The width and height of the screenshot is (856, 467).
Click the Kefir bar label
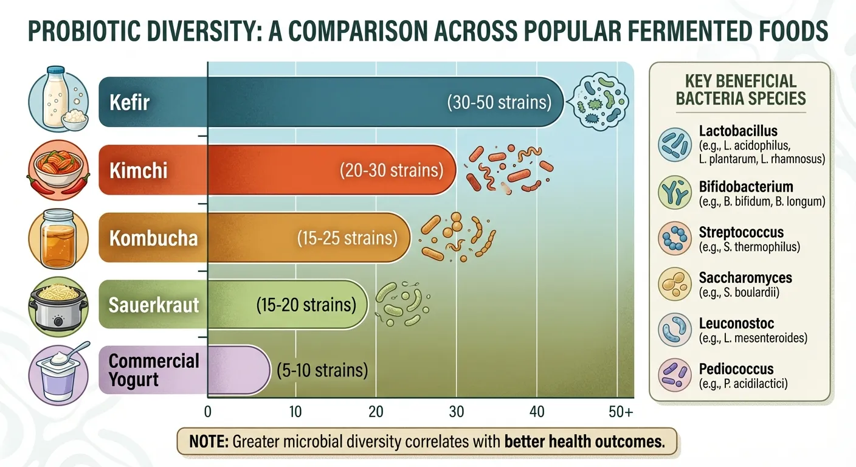129,102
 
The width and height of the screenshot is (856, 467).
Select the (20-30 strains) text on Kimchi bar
391,170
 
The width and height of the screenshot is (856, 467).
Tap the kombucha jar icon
58,238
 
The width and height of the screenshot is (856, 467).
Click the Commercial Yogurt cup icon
59,372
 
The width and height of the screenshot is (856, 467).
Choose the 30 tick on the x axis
456,412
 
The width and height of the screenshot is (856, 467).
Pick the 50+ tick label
620,412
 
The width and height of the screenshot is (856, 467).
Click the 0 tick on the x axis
208,412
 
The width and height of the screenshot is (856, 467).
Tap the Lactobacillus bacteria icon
675,145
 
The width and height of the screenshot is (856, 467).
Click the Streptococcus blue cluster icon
675,238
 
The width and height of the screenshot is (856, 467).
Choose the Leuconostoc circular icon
675,330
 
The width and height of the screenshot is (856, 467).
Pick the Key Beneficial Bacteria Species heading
740,89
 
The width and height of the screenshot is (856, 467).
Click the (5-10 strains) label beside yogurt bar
322,370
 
